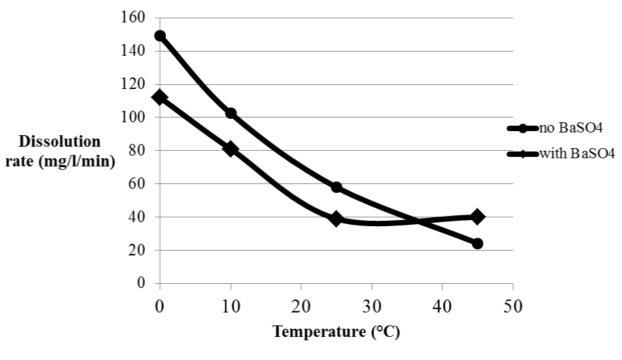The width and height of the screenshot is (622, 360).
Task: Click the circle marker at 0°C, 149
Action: (x=160, y=36)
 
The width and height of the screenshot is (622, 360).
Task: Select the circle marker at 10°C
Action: (x=230, y=113)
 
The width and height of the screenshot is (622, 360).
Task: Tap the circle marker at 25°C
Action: (x=336, y=187)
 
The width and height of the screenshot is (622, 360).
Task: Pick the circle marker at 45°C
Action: (x=477, y=243)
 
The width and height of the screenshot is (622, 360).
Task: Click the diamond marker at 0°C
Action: (x=160, y=97)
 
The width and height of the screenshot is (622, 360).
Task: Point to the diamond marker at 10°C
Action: (x=230, y=149)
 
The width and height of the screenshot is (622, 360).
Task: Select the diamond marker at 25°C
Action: (x=336, y=219)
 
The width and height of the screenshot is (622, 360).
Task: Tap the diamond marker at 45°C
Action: (x=477, y=217)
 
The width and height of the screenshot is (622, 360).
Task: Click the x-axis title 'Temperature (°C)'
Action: (x=336, y=332)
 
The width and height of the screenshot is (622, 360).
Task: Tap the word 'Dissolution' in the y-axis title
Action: (x=60, y=142)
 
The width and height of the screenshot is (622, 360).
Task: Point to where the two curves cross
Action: (x=417, y=221)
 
